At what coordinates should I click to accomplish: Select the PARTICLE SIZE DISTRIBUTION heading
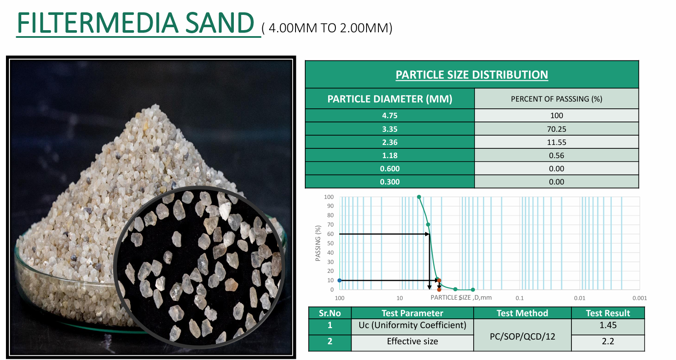pyautogui.click(x=471, y=75)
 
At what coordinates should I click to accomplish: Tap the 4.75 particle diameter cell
pyautogui.click(x=389, y=116)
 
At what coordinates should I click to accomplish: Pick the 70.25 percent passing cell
pyautogui.click(x=557, y=129)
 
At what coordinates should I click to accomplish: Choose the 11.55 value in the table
pyautogui.click(x=557, y=142)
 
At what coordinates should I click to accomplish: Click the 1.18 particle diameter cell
pyautogui.click(x=389, y=156)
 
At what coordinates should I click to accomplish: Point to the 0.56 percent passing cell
pyautogui.click(x=557, y=156)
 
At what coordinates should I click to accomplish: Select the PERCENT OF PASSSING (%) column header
pyautogui.click(x=557, y=99)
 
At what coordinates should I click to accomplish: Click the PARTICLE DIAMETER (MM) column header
pyautogui.click(x=389, y=99)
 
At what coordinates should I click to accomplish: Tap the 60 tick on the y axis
pyautogui.click(x=330, y=234)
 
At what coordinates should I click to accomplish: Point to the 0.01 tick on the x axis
pyautogui.click(x=579, y=298)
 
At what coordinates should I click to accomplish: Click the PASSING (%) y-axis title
pyautogui.click(x=318, y=243)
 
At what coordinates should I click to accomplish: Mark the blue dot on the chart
pyautogui.click(x=340, y=281)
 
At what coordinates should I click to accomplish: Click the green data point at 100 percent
pyautogui.click(x=419, y=197)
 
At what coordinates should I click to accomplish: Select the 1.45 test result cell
pyautogui.click(x=608, y=325)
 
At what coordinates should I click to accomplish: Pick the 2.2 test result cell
pyautogui.click(x=608, y=341)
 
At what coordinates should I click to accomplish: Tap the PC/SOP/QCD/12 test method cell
pyautogui.click(x=523, y=337)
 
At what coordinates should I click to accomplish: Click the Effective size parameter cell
pyautogui.click(x=412, y=341)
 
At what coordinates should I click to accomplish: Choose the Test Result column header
pyautogui.click(x=608, y=313)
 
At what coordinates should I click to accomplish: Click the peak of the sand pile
pyautogui.click(x=156, y=105)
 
